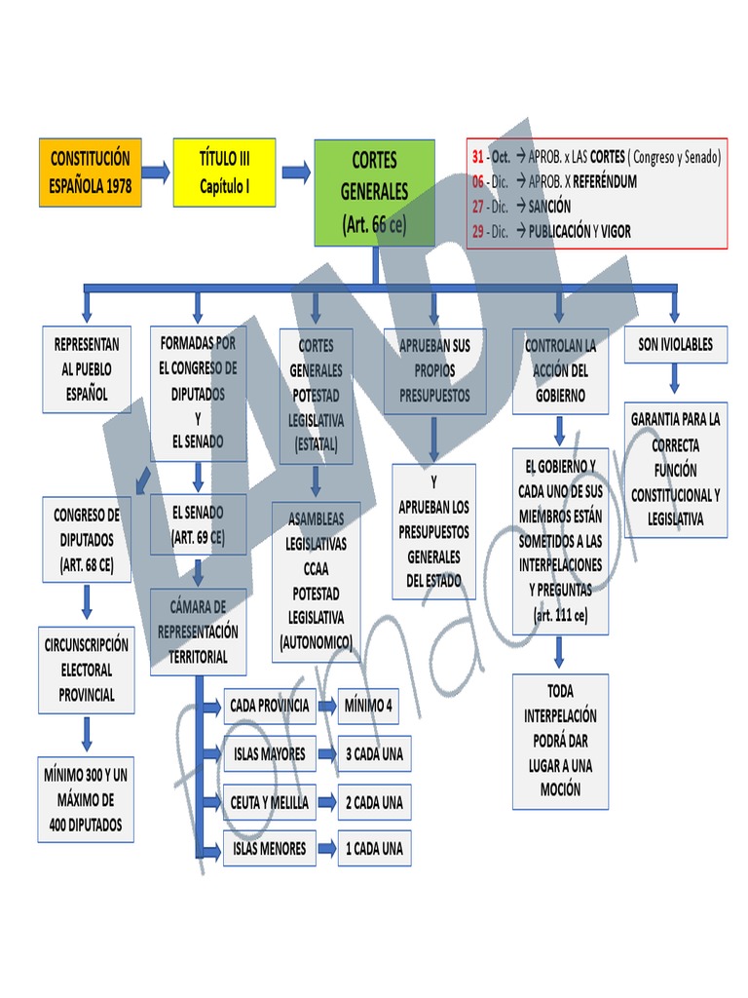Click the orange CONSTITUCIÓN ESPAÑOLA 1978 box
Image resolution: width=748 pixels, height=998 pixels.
click(91, 173)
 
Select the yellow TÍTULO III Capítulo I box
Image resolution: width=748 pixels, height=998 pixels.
click(224, 173)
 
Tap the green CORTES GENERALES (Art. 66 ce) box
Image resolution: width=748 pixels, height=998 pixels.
click(374, 192)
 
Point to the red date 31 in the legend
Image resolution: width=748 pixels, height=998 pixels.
click(477, 156)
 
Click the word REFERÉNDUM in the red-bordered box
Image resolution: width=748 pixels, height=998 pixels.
click(605, 181)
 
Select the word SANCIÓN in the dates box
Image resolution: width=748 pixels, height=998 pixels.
click(549, 207)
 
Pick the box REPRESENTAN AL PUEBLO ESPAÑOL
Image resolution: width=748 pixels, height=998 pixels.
click(88, 369)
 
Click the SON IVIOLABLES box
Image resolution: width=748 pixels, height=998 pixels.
click(675, 344)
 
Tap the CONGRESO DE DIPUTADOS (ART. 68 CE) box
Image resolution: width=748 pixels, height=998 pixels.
click(87, 539)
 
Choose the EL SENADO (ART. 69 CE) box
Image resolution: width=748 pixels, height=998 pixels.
click(198, 524)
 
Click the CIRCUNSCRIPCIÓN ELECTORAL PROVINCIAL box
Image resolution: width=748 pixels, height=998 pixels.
click(87, 671)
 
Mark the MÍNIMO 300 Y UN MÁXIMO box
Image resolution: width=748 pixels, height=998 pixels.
click(86, 800)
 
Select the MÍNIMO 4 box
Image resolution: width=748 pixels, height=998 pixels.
click(367, 705)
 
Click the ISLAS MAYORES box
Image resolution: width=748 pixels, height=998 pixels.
click(269, 753)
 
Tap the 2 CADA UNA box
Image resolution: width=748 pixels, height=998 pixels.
click(374, 803)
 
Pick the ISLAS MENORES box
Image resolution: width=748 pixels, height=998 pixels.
click(269, 849)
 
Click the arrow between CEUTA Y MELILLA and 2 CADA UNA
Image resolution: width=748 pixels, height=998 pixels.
click(326, 803)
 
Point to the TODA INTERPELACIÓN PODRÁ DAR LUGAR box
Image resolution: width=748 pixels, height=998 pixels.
click(560, 741)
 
